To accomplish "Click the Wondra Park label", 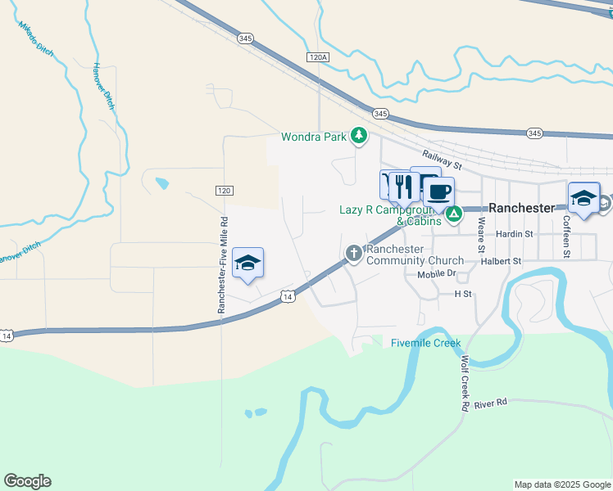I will click(314, 137).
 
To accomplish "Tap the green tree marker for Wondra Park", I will click(358, 136).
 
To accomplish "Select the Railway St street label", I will click(443, 160).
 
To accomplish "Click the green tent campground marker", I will click(453, 215).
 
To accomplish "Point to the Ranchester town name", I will click(522, 208).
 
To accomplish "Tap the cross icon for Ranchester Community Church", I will click(354, 254).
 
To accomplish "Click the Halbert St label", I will click(502, 261).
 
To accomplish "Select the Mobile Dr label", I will click(436, 274).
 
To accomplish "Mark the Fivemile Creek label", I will click(426, 343).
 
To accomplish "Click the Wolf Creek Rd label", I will click(465, 383).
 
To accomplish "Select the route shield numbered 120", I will click(224, 190).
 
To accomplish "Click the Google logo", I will click(27, 481).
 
